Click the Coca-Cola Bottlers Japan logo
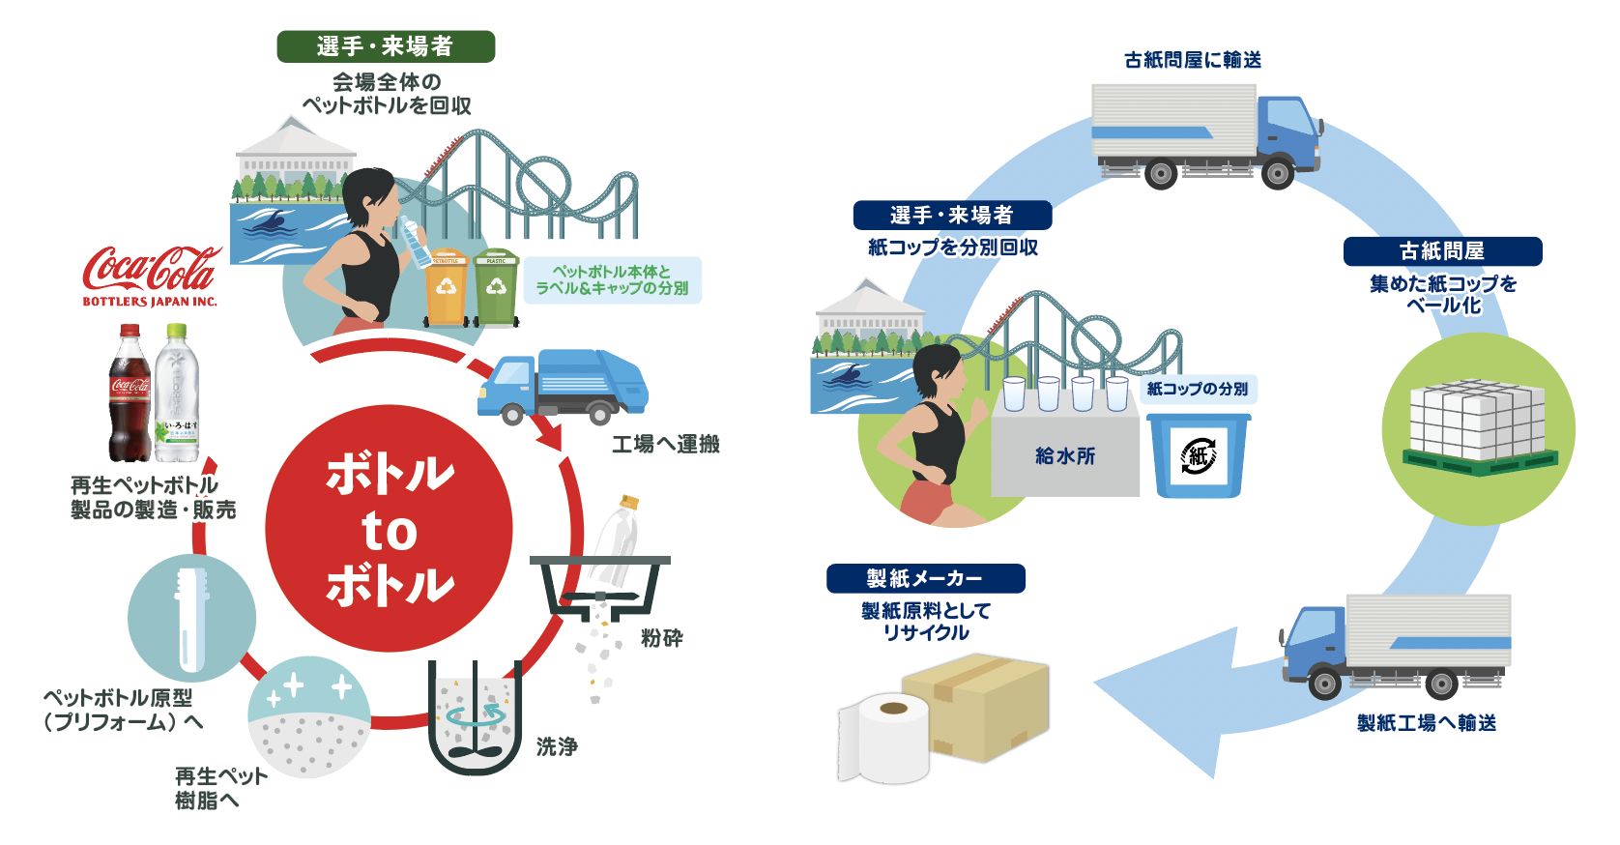(151, 275)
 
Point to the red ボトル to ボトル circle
(389, 529)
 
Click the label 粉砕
(662, 638)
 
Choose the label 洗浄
(557, 746)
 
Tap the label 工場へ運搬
(666, 444)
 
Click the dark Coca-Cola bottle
(130, 396)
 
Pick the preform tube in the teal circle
(190, 619)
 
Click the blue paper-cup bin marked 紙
(1198, 455)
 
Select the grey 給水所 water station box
(1064, 455)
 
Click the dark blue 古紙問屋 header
(1442, 251)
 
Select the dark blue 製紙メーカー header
(925, 578)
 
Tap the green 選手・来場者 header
(386, 46)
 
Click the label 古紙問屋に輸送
(1193, 60)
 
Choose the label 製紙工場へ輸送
(1427, 723)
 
